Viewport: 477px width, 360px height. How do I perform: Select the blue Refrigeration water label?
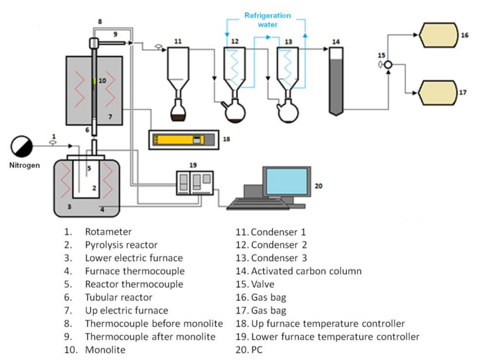pyautogui.click(x=268, y=19)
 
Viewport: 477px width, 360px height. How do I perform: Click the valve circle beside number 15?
pyautogui.click(x=388, y=65)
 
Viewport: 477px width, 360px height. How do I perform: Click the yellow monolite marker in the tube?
pyautogui.click(x=94, y=81)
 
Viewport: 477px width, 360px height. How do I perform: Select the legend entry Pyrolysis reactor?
pyautogui.click(x=121, y=245)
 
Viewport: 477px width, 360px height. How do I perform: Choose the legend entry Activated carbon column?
pyautogui.click(x=306, y=271)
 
